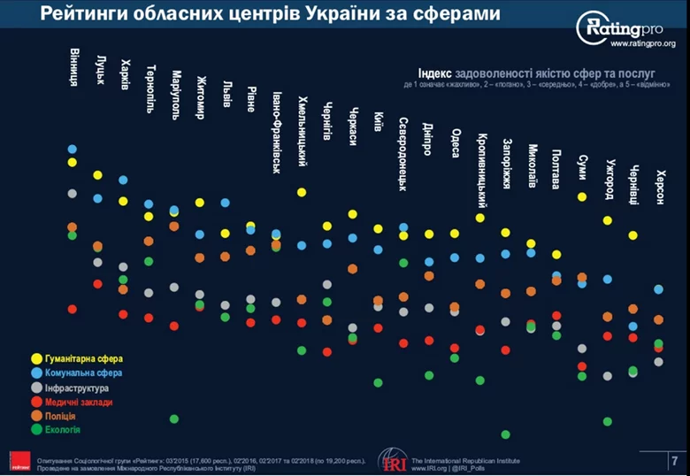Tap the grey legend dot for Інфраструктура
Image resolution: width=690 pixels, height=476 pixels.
point(36,388)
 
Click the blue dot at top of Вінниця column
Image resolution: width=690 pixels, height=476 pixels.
point(72,150)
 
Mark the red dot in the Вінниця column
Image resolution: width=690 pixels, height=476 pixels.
point(72,309)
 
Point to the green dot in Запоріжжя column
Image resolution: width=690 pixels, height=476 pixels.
point(505,434)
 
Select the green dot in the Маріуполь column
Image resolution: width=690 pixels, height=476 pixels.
point(173,418)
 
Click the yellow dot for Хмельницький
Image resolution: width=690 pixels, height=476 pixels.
point(302,192)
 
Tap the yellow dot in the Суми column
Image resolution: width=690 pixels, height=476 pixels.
point(582,196)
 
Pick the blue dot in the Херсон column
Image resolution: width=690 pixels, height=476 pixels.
point(658,289)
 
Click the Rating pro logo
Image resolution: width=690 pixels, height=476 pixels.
point(625,29)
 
